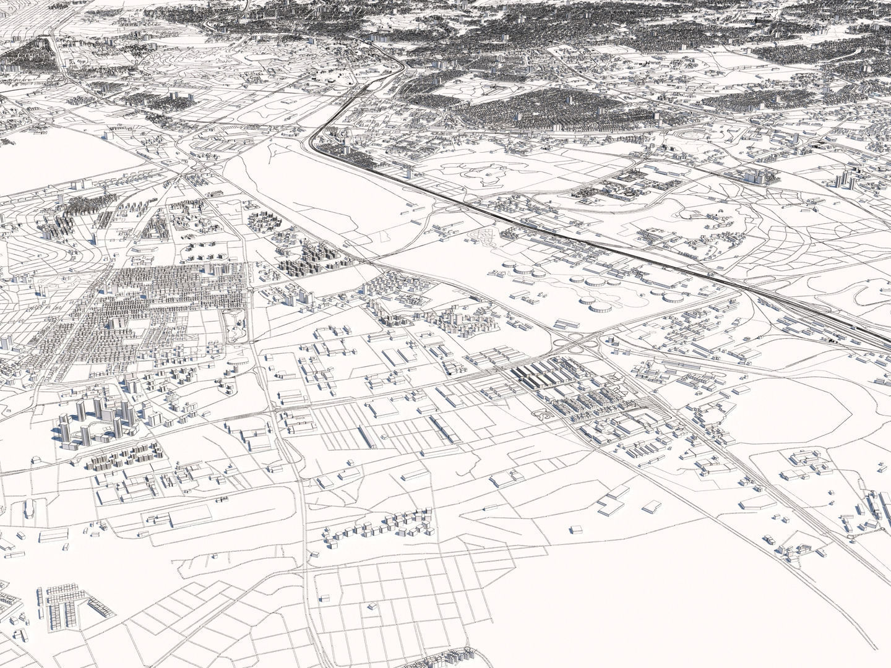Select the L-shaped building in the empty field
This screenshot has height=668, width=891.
[x=804, y=461]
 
